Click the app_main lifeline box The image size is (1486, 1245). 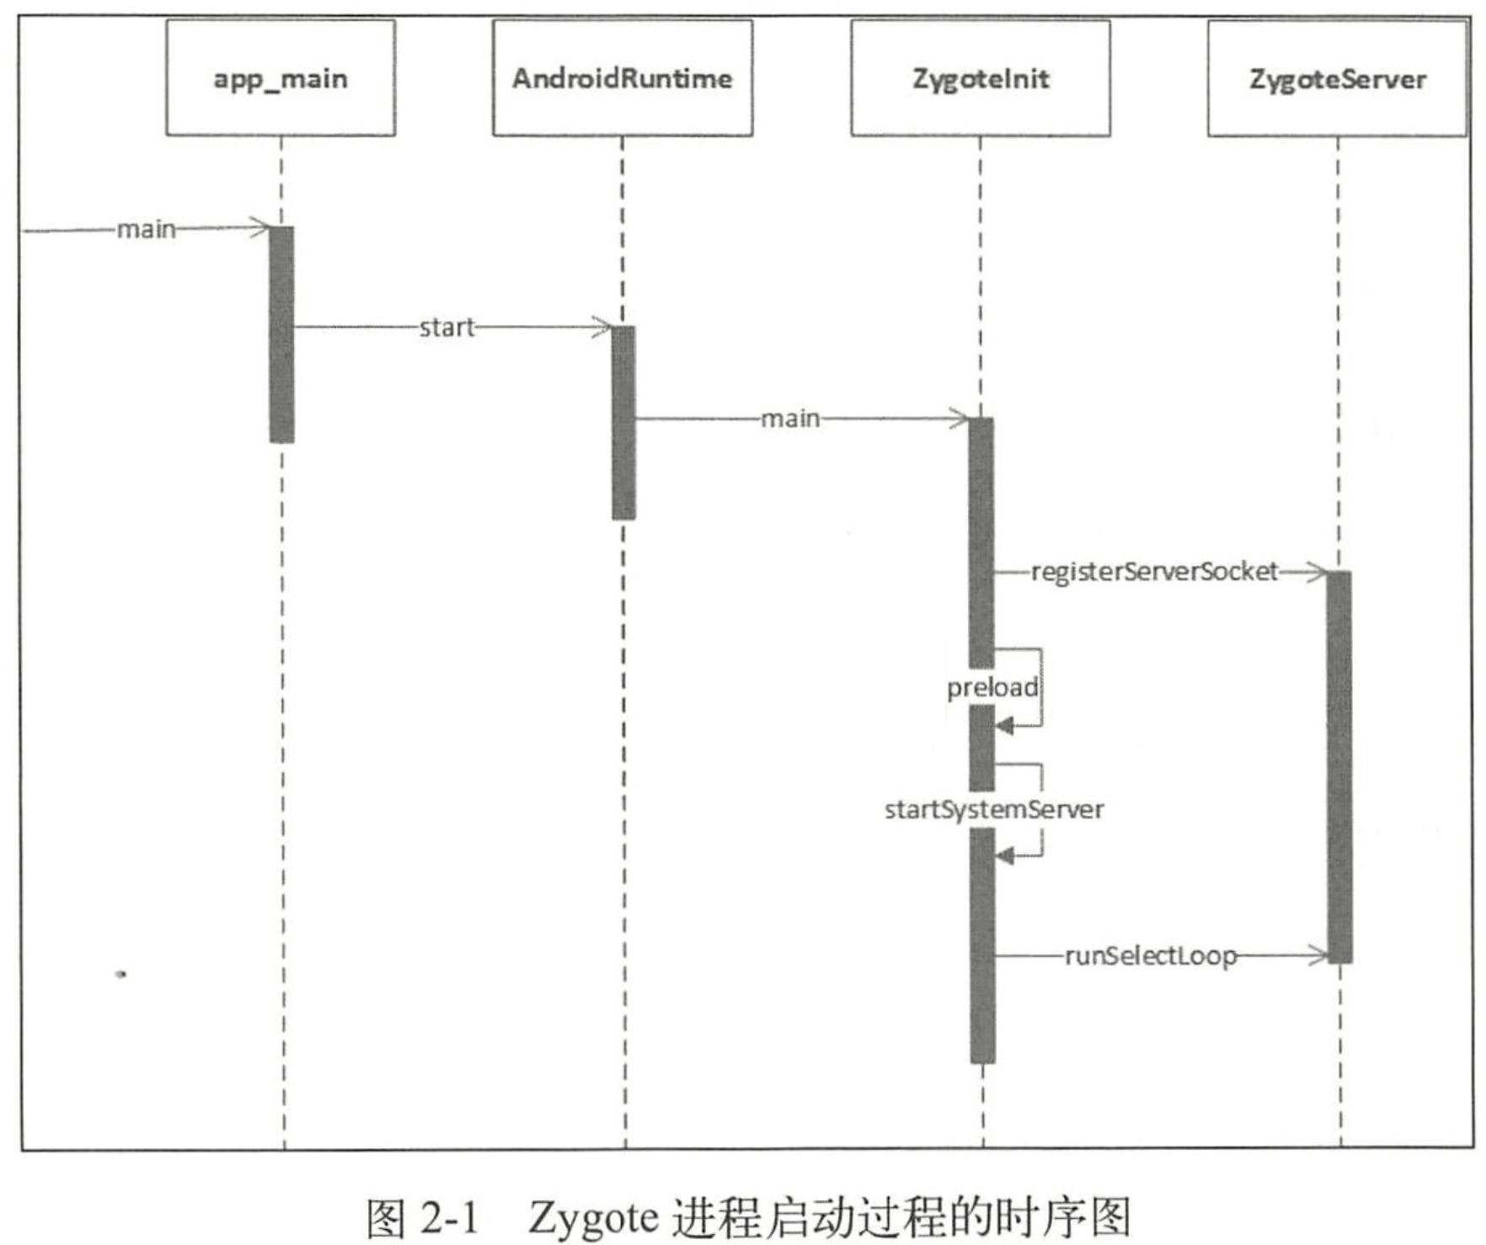pos(281,78)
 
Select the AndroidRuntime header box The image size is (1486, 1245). pos(623,78)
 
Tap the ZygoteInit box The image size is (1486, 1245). pos(981,78)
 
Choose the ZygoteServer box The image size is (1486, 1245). pos(1337,78)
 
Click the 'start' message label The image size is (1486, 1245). pos(446,327)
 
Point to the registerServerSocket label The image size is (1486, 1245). pos(1154,572)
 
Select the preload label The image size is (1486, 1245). pos(992,687)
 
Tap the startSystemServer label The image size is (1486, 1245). pos(994,810)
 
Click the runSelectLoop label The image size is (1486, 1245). pos(1151,956)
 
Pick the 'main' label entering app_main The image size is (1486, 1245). pos(147,229)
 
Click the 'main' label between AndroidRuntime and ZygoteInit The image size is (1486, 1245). pos(790,419)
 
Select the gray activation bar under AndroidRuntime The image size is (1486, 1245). pos(623,422)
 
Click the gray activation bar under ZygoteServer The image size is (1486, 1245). pos(1339,767)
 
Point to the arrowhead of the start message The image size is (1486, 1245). pos(604,327)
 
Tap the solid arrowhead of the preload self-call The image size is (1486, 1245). pos(1004,725)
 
